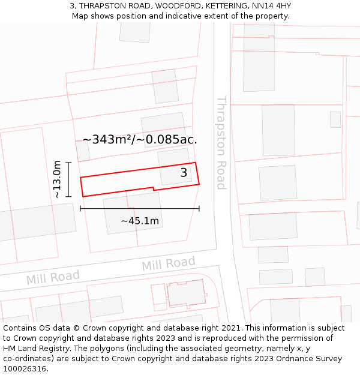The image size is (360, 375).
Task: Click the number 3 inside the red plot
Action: tap(184, 173)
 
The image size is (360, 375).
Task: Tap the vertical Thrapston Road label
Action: tap(221, 142)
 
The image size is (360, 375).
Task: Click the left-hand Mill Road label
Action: tap(53, 277)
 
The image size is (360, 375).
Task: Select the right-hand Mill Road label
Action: tap(169, 263)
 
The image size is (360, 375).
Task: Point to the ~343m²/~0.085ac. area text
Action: tap(140, 139)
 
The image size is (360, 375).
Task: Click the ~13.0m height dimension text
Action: tap(57, 179)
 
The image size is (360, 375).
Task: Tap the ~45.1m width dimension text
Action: tap(140, 221)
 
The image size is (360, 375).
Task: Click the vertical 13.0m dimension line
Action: tap(69, 179)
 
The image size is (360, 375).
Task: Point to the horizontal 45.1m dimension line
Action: tap(140, 209)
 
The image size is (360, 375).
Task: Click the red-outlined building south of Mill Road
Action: tap(185, 293)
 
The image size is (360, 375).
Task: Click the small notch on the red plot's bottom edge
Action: tap(154, 189)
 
